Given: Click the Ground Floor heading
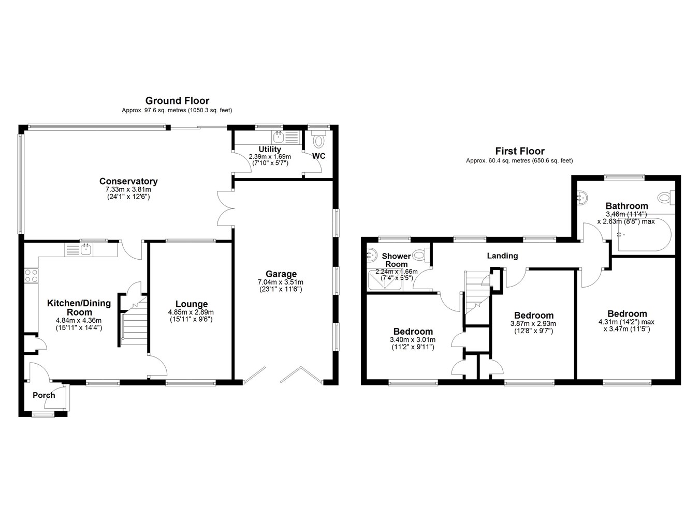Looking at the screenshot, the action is [177, 101].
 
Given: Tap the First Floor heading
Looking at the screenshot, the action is [520, 151].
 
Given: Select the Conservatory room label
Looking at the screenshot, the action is [128, 181].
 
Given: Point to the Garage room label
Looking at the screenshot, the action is [281, 274].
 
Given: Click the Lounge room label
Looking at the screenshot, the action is [192, 304].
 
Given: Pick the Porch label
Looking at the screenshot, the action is [44, 395].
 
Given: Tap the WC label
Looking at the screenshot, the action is [318, 156].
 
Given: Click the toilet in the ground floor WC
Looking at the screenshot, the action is [318, 139].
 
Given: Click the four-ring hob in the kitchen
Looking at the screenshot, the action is [31, 276].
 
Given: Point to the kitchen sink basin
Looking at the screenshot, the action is [85, 249].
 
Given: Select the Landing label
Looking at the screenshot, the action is [502, 256].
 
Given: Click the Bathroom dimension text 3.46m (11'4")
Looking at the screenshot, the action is [627, 214].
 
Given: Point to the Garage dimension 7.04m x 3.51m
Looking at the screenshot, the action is [281, 282].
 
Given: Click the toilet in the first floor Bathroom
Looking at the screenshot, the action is [666, 198].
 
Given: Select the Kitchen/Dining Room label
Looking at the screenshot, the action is [79, 307].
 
